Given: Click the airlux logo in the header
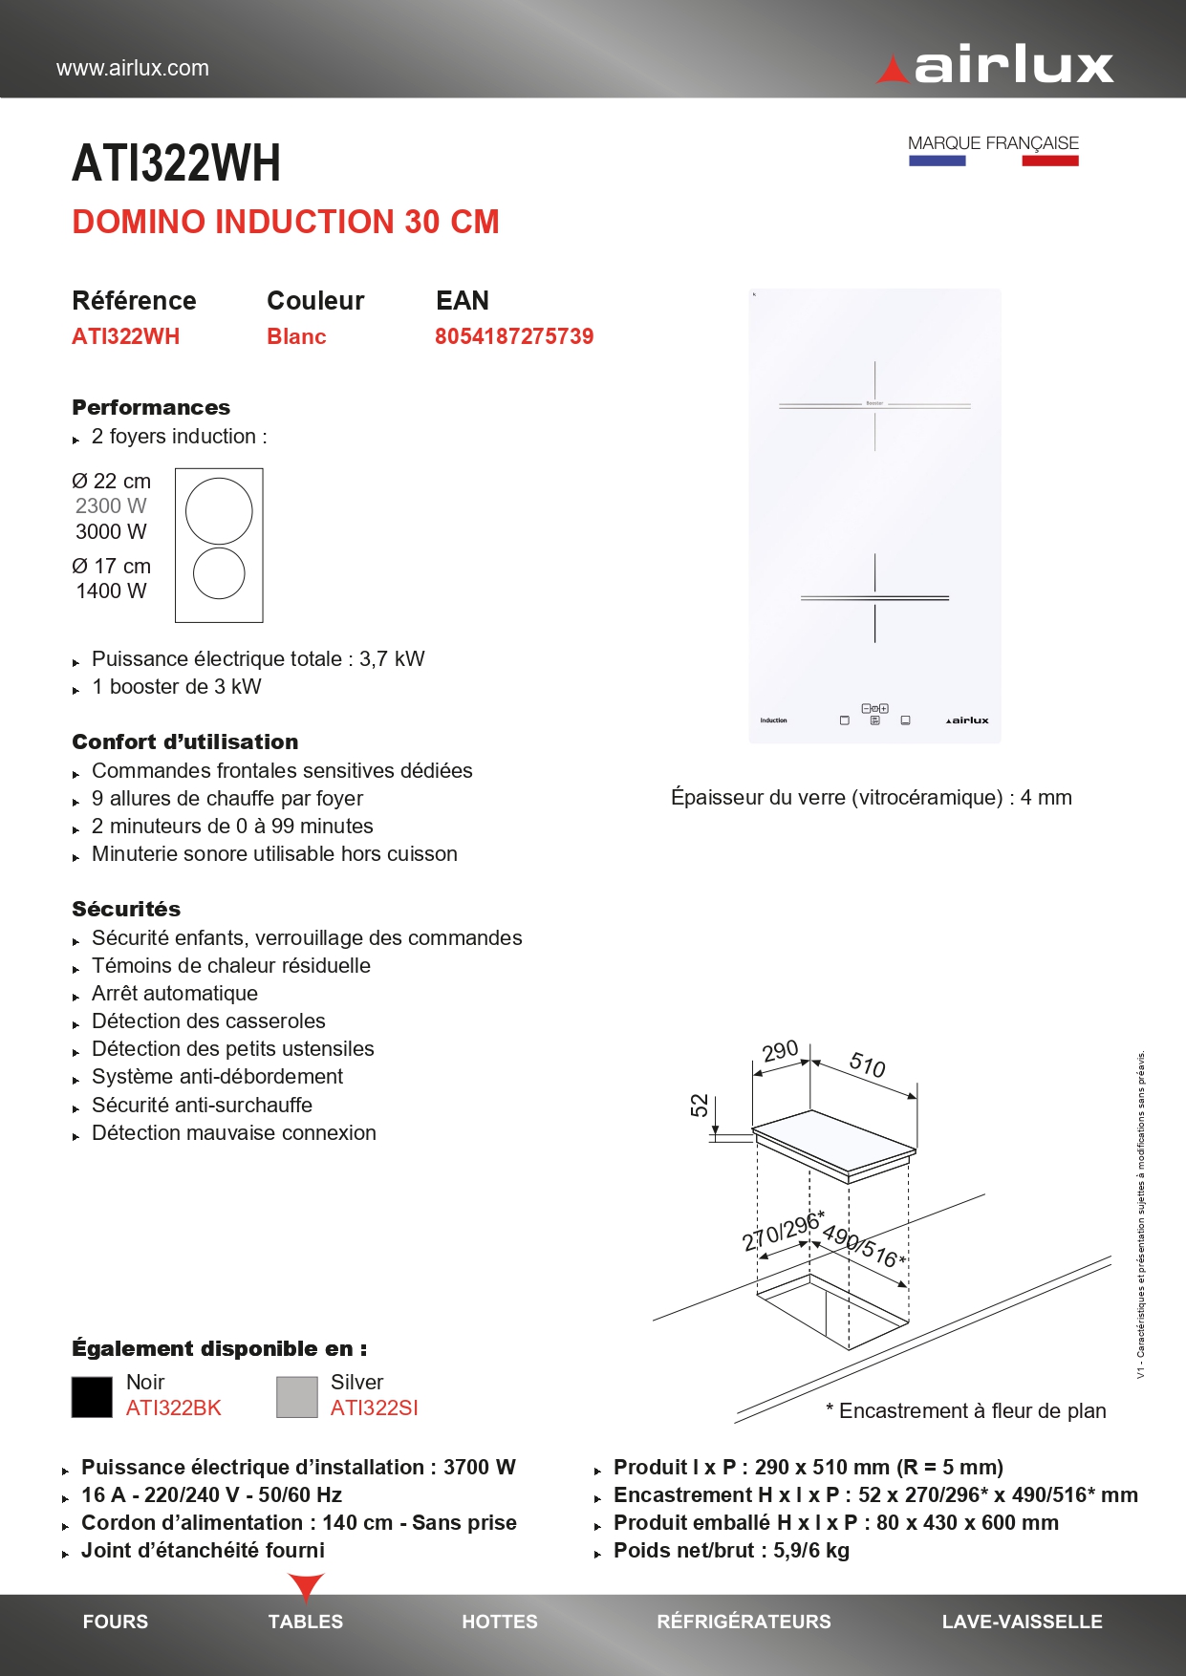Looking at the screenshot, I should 996,65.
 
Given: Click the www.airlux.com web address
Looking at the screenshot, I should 133,68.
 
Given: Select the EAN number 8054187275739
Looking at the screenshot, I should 514,336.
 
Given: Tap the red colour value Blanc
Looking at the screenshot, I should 296,336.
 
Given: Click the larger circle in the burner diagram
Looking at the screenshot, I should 219,511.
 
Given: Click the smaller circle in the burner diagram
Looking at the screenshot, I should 219,573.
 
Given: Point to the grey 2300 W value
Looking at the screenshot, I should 111,505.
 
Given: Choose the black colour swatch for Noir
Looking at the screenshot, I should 92,1396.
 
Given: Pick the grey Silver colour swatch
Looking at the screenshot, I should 296,1396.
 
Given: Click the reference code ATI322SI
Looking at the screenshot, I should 374,1407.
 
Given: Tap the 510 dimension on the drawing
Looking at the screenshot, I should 868,1064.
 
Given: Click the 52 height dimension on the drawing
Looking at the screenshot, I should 700,1106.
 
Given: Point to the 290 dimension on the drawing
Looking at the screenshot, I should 780,1051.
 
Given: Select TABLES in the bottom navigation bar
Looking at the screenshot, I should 305,1622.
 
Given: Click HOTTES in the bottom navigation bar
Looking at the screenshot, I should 500,1622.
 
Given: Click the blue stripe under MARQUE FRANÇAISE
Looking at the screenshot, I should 937,161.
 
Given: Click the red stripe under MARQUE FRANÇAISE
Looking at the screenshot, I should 1049,161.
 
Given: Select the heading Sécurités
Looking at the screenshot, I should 126,909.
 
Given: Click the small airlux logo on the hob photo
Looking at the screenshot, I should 967,720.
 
